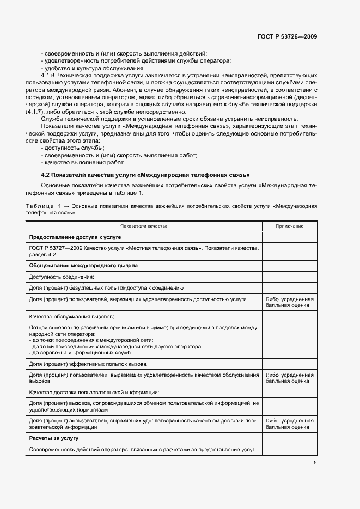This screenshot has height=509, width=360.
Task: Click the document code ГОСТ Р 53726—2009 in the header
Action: pos(287,36)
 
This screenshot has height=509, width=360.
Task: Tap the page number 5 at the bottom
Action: pos(315,463)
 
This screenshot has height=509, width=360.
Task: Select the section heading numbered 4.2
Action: pos(145,175)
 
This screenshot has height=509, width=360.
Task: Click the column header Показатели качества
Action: pos(144,226)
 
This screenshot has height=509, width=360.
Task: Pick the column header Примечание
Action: pos(289,226)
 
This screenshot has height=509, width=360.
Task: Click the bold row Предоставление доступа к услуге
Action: pos(75,237)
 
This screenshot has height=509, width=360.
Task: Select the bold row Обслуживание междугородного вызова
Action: pos(83,266)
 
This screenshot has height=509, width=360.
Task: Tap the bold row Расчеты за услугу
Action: pos(54,438)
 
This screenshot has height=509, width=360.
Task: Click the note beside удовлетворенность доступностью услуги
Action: pos(289,303)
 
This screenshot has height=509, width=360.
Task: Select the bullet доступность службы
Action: pos(72,148)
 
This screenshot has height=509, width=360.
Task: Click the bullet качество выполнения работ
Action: pos(83,162)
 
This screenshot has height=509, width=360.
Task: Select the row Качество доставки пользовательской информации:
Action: pos(94,392)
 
